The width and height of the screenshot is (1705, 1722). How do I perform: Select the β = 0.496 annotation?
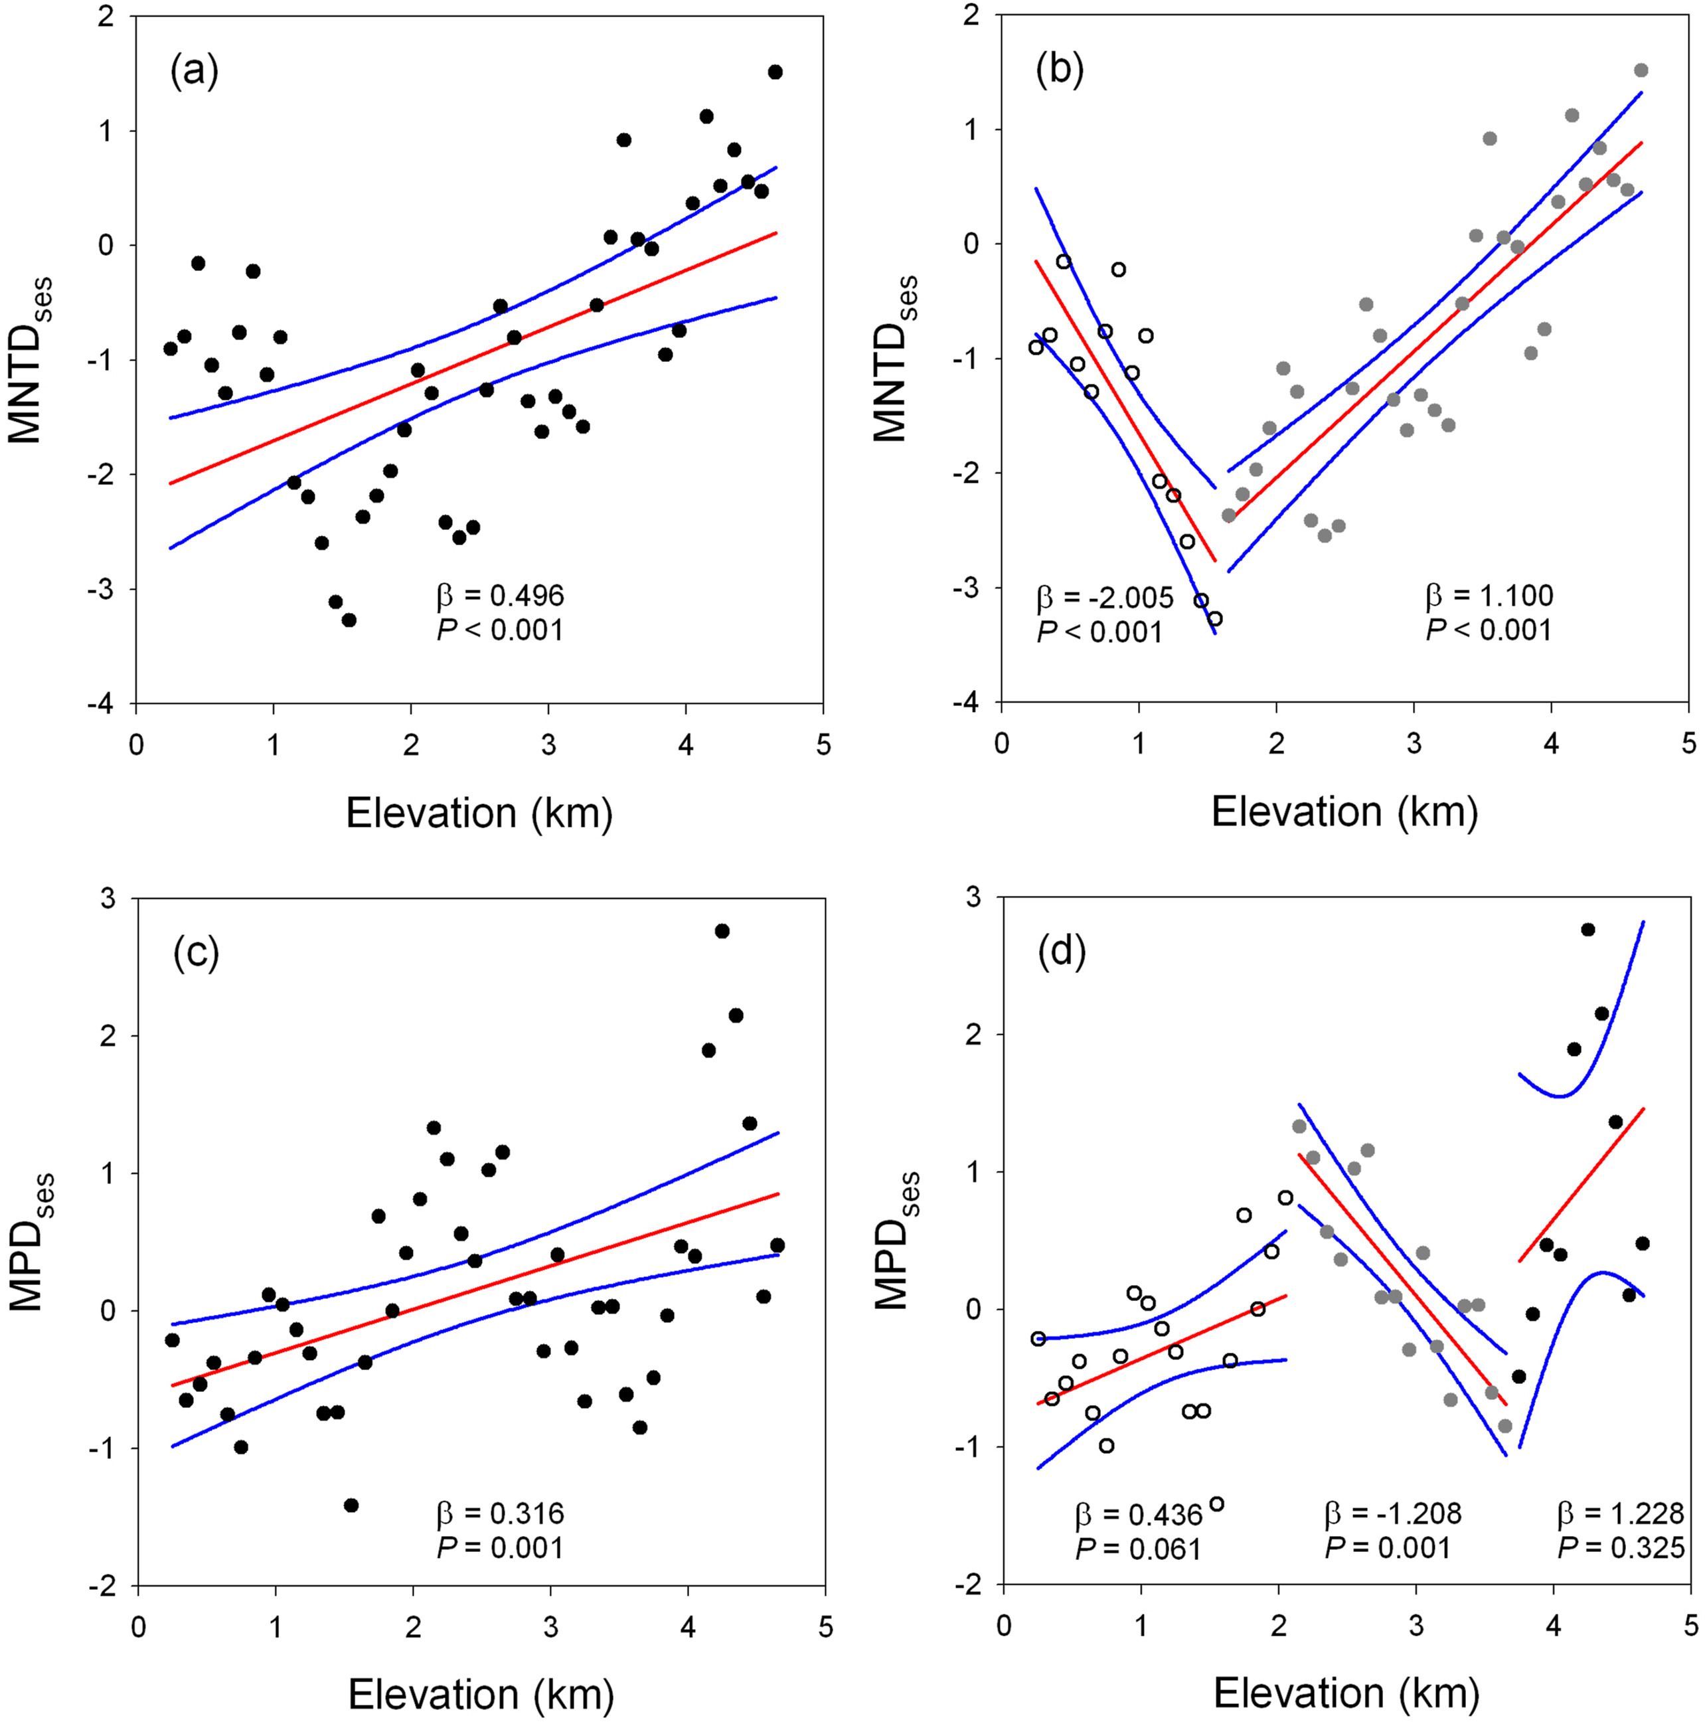(500, 596)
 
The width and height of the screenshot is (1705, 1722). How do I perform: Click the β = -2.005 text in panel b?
(1104, 597)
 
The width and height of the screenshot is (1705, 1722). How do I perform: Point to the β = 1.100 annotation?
(1489, 596)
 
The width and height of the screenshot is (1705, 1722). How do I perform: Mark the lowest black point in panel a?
(349, 620)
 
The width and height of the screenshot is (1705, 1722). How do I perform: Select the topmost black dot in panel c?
(722, 930)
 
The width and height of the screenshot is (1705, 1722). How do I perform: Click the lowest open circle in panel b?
(1214, 618)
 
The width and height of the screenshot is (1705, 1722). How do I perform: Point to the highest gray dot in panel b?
(1640, 70)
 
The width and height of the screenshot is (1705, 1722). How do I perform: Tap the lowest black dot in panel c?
(351, 1505)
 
